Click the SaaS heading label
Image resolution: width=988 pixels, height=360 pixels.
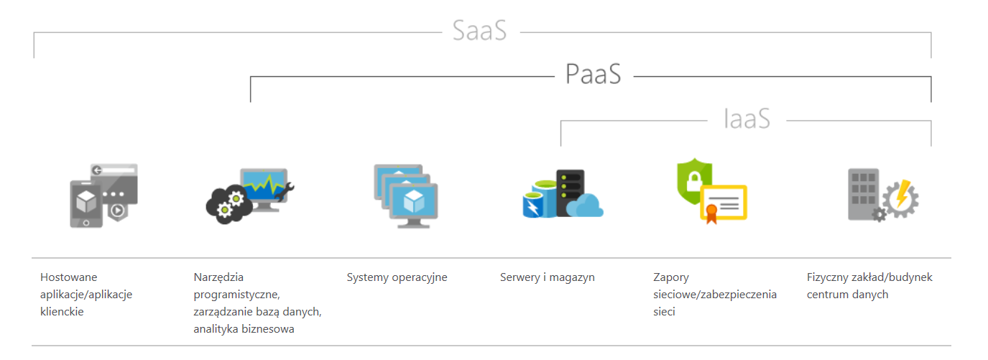pos(479,30)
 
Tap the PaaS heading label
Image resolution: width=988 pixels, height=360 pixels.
pos(594,74)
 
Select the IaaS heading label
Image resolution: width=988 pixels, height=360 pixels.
pos(747,119)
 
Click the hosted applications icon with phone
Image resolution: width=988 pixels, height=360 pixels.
pos(103,195)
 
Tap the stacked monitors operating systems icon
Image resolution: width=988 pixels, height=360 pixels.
pos(406,196)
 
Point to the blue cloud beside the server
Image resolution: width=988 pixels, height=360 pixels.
pos(586,205)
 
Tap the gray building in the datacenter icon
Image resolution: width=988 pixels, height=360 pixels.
pos(863,194)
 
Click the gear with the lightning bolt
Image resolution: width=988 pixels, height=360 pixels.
pos(900,198)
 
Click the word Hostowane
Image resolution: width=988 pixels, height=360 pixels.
pos(69,277)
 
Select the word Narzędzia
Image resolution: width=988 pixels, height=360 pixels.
pos(218,277)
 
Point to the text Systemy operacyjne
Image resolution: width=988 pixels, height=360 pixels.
pos(397,277)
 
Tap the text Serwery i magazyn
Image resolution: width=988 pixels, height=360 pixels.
pos(548,277)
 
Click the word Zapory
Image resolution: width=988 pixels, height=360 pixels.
pos(671,278)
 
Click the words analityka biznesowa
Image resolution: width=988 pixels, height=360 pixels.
pos(244,329)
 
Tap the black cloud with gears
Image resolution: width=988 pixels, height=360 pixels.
pos(229,205)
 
